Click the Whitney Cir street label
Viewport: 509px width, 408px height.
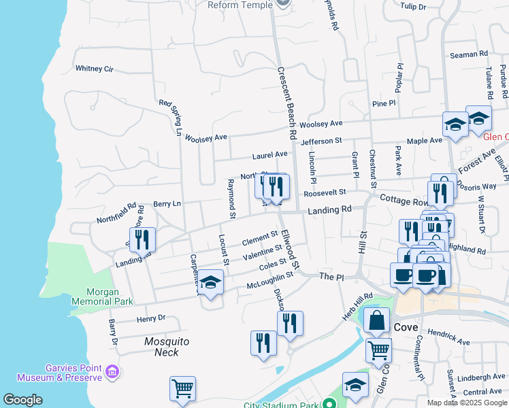(95, 69)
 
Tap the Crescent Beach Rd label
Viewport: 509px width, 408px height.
(288, 103)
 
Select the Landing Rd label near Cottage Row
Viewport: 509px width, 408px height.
(329, 211)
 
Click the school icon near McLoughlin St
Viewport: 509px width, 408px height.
(211, 282)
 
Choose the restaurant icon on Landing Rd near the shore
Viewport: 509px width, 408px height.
(142, 239)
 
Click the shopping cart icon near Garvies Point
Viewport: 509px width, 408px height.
(182, 389)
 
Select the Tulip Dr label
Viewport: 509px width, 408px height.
(412, 7)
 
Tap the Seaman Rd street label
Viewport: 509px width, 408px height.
(469, 54)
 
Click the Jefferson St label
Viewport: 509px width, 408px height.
(321, 141)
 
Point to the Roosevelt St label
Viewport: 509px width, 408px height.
(325, 193)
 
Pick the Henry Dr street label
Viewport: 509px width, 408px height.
(151, 318)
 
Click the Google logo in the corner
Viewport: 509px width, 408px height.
(22, 400)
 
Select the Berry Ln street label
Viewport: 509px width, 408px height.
(167, 203)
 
